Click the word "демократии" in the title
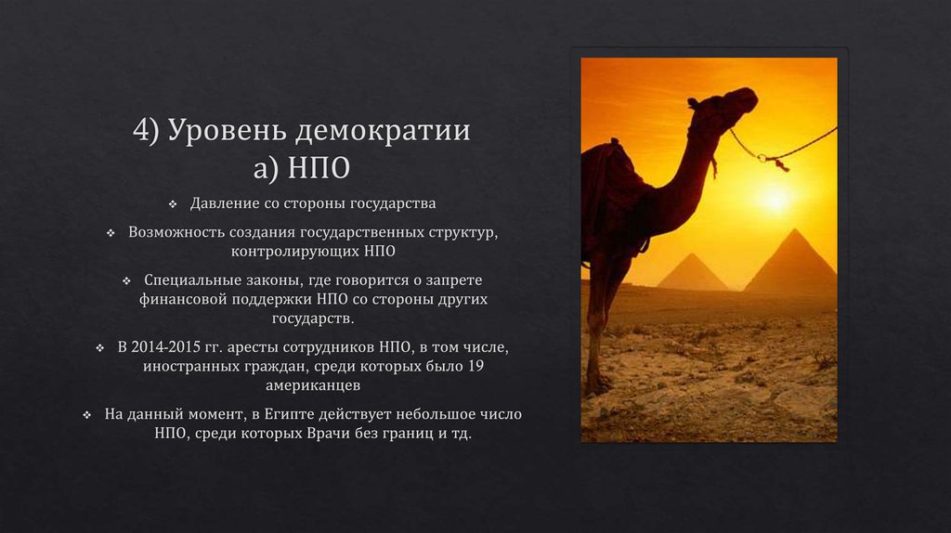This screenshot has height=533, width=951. (x=384, y=132)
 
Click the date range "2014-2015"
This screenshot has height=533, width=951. (x=171, y=347)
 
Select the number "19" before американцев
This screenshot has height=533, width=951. (x=475, y=366)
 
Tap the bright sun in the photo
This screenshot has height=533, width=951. (x=774, y=197)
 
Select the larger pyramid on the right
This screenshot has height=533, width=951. (x=790, y=266)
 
